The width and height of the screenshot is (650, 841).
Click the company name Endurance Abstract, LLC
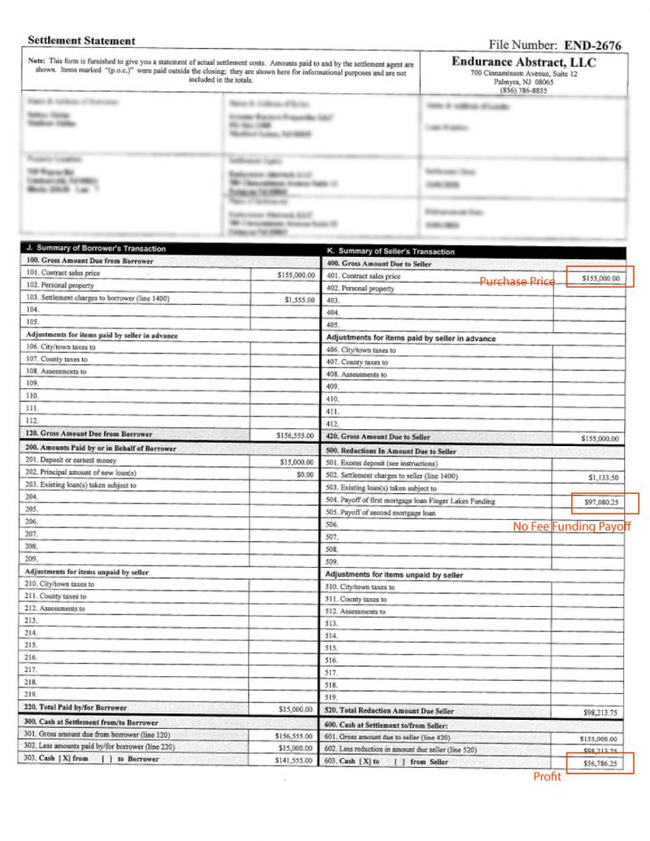coord(523,63)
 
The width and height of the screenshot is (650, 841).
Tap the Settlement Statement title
coord(81,41)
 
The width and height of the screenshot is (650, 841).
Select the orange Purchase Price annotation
coord(517,281)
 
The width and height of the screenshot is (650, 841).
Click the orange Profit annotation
coord(547,777)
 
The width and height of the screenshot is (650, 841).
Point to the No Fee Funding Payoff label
coord(571,527)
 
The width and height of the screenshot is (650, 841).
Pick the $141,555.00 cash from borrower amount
coord(294,759)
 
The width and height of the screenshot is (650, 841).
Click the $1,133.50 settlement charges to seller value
coord(603,477)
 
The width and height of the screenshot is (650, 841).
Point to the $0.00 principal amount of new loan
coord(305,473)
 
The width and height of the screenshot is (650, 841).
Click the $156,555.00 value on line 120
coord(294,436)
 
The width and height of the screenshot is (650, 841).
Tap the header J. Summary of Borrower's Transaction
coord(96,249)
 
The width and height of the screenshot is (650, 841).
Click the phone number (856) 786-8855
coord(523,91)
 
